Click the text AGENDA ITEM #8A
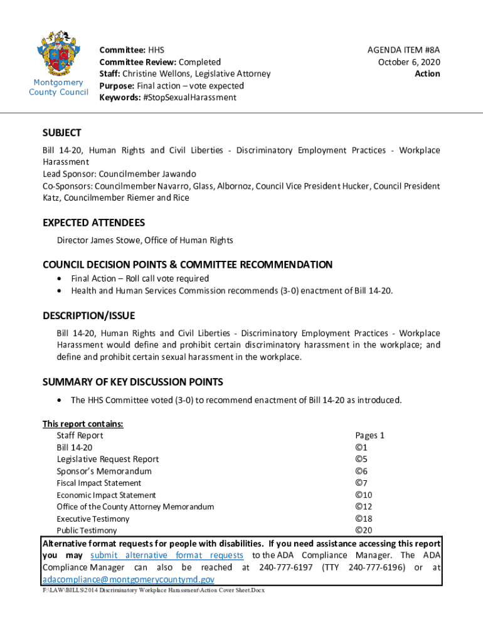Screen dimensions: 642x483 pos(403,50)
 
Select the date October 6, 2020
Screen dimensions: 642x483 pos(408,61)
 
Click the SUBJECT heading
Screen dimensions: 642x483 pos(61,133)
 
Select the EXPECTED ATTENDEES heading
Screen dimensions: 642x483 pos(93,223)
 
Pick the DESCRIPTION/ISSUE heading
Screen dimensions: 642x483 pos(88,315)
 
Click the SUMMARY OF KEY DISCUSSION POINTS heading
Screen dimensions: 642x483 pos(132,382)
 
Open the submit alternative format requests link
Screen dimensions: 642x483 pos(167,555)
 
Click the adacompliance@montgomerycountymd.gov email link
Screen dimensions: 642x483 pos(128,579)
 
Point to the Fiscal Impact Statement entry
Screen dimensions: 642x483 pos(98,483)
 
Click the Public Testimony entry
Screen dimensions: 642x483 pos(87,530)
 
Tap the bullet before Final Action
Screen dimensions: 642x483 pos(59,278)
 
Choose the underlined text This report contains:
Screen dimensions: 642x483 pos(83,423)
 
